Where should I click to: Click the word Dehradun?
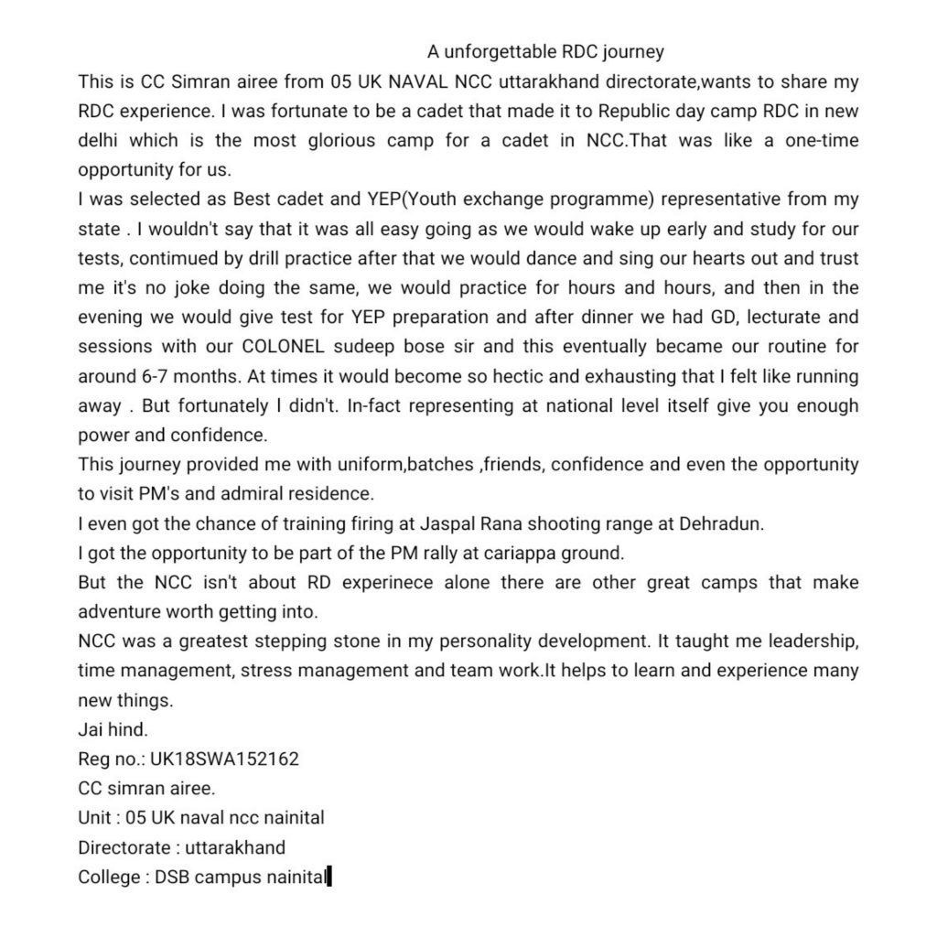558,522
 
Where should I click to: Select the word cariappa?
477,552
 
